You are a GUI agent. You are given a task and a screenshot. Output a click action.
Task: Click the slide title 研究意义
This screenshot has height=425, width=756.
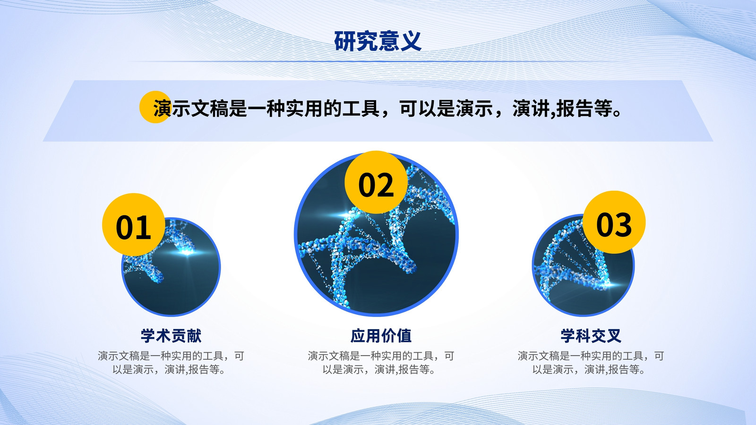pos(378,41)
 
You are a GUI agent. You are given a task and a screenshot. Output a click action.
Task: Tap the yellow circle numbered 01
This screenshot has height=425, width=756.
pos(134,225)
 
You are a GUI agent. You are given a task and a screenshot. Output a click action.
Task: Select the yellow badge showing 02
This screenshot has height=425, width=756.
pos(376,182)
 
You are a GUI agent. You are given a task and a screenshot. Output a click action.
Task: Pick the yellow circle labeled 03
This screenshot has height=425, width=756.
pos(614,222)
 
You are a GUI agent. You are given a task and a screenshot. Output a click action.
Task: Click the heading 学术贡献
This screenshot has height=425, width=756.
pos(171,336)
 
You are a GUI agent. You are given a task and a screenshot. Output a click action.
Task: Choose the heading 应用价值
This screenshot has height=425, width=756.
pos(381,336)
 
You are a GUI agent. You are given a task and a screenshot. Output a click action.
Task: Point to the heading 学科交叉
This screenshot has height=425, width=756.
pos(591,336)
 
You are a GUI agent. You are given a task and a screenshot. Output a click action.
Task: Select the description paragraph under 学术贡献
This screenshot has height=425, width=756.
pos(171,363)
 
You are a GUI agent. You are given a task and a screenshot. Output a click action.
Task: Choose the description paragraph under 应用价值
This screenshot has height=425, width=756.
pos(381,363)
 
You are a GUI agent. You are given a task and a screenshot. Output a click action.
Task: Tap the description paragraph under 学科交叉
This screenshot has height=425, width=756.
pos(591,363)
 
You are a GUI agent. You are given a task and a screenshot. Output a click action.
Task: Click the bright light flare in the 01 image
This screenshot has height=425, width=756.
pos(187,252)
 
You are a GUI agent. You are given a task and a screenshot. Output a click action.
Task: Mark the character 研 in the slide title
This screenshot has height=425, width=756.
pos(344,41)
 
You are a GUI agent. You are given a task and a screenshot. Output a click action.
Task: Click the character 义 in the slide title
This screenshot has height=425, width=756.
pos(411,41)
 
